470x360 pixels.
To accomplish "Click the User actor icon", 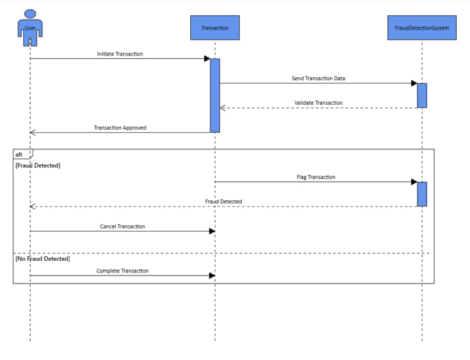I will (x=30, y=28).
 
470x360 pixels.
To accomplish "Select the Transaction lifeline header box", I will (x=215, y=28).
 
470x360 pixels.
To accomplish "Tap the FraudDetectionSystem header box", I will (x=422, y=28).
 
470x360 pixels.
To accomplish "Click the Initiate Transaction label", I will (x=120, y=54).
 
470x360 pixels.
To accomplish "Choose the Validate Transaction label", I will (x=318, y=103).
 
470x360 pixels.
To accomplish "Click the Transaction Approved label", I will (x=120, y=128).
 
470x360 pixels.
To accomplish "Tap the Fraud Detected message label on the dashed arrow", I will (x=223, y=201).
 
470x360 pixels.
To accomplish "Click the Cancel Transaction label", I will (x=122, y=227).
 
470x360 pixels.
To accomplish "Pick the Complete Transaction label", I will (x=122, y=271).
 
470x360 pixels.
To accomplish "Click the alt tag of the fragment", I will (x=20, y=154).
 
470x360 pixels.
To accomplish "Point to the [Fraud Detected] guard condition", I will (x=38, y=165).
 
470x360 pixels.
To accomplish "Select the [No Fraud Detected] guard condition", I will (x=42, y=259).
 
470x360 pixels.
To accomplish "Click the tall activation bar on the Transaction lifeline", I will (x=215, y=96).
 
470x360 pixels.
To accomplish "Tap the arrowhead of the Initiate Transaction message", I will (x=207, y=59).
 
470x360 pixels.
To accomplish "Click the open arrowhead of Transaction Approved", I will (x=32, y=132).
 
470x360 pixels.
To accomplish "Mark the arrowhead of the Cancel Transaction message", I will (x=212, y=231).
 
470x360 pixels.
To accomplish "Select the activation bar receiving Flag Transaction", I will (x=422, y=194).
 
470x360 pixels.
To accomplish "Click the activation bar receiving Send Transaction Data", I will (x=422, y=96).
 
